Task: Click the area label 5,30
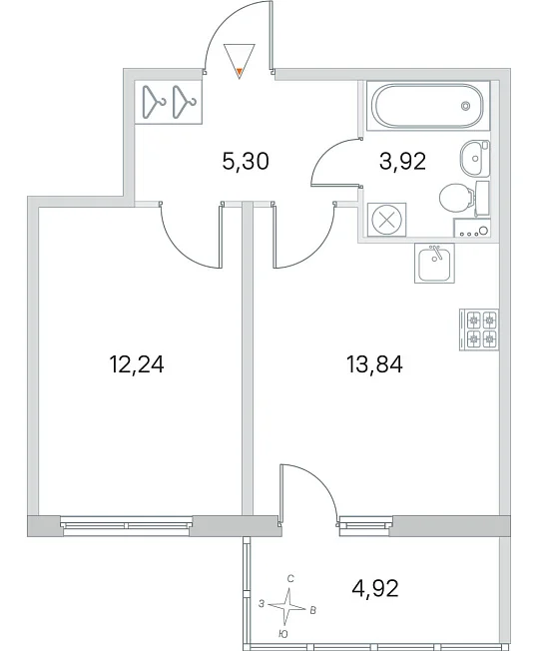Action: tap(246, 161)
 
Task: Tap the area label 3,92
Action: tap(402, 161)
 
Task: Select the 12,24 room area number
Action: tap(136, 365)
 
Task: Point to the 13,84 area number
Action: tap(374, 365)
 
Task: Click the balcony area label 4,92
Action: tap(375, 588)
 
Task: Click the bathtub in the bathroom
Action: tap(427, 106)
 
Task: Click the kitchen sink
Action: tap(434, 264)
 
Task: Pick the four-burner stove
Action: tap(479, 329)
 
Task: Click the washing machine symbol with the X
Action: tap(387, 220)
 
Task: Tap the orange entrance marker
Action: tap(240, 74)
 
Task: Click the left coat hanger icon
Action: tap(153, 102)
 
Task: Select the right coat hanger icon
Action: tap(184, 102)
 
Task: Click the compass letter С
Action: tap(290, 579)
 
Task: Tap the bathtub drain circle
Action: tap(465, 106)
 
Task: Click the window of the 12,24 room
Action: tap(127, 524)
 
